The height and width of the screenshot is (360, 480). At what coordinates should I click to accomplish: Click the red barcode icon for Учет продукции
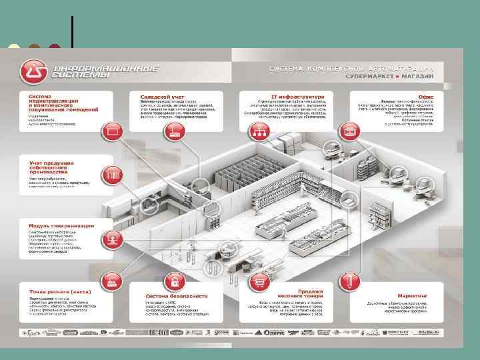(x=111, y=175)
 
